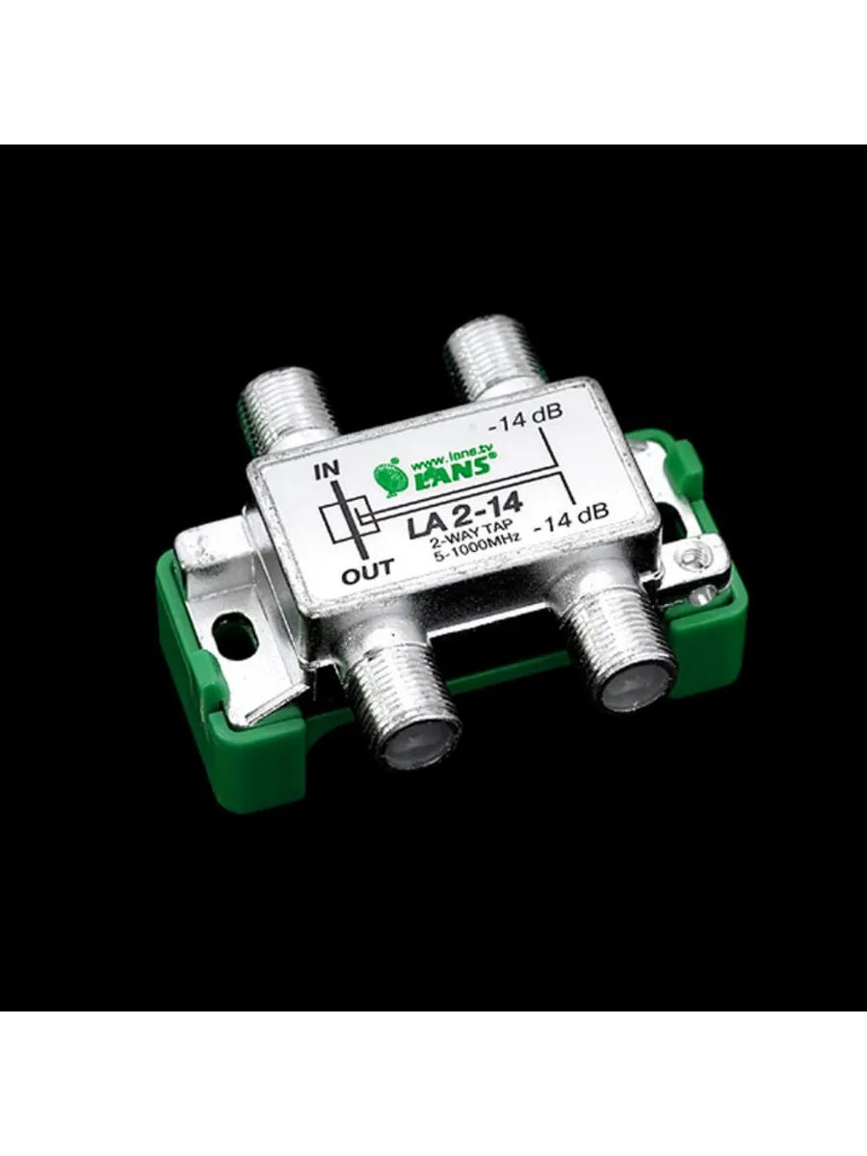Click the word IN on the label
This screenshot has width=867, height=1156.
click(327, 469)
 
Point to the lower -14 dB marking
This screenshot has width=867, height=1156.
click(571, 513)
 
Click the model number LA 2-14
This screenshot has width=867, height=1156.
click(465, 516)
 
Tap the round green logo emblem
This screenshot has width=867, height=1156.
click(390, 476)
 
